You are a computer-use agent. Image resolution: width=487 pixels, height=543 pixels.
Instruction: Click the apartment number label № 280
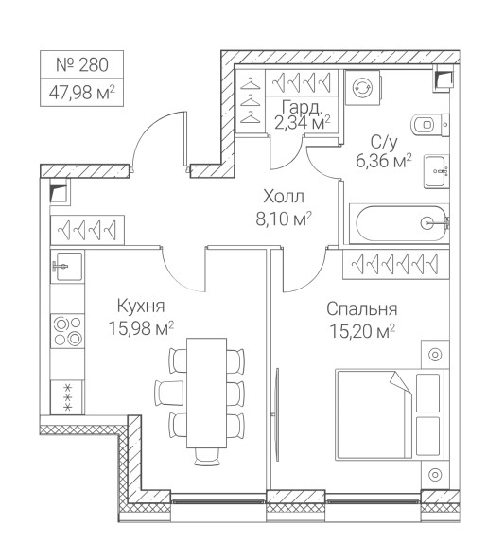[82, 64]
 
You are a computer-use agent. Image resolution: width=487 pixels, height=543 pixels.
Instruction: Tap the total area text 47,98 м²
[82, 92]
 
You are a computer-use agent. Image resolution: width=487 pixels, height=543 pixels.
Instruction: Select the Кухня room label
[141, 307]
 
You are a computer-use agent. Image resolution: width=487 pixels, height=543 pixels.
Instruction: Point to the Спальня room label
[361, 309]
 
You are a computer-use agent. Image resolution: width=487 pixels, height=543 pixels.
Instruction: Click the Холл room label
[284, 197]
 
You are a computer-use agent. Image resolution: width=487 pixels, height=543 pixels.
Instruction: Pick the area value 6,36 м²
[384, 161]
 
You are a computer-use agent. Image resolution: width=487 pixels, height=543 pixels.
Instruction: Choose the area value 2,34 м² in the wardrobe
[303, 122]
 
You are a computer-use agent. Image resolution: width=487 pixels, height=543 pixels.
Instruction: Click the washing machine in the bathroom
[363, 87]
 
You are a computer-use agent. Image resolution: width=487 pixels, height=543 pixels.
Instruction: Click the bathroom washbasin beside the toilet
[437, 171]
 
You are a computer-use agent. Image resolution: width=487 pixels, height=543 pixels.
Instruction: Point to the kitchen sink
[68, 266]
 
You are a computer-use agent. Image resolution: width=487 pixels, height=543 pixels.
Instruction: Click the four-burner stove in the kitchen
[67, 331]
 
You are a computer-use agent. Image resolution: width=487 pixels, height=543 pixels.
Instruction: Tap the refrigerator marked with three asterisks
[67, 397]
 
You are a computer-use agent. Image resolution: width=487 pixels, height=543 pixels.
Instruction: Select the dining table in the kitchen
[207, 393]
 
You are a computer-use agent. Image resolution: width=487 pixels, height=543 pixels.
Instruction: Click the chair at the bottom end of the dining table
[207, 457]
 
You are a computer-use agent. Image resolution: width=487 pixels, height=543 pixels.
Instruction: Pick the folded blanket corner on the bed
[400, 382]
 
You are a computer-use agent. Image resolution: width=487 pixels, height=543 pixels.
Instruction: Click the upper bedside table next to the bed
[435, 354]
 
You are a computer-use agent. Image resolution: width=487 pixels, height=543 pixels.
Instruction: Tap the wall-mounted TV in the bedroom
[276, 414]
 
